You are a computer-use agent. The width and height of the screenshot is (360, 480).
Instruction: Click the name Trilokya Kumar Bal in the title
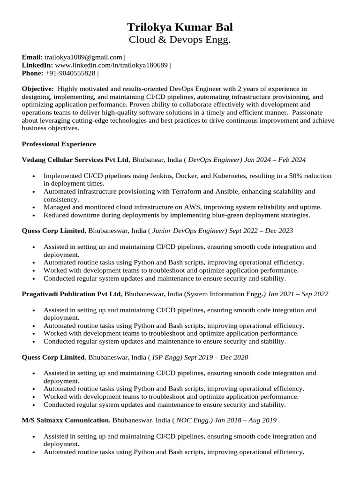pos(180,27)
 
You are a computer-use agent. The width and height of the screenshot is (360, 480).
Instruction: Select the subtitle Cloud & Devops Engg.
pos(180,40)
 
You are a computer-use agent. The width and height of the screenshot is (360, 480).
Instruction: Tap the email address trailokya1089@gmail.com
pos(83,57)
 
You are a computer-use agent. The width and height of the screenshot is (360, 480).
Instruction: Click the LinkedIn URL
pos(111,65)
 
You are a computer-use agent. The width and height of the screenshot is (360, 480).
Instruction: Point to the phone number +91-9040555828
pos(70,73)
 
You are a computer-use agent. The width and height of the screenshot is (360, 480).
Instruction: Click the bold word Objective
pos(37,89)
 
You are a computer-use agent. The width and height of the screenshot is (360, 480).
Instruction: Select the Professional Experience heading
pos(59,144)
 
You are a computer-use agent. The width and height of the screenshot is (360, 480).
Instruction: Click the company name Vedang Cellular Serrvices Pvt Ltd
pos(75,160)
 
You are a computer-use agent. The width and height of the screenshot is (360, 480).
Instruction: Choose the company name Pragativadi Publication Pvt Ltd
pos(71,294)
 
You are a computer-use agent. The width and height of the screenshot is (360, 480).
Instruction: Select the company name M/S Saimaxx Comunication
pos(65,420)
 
